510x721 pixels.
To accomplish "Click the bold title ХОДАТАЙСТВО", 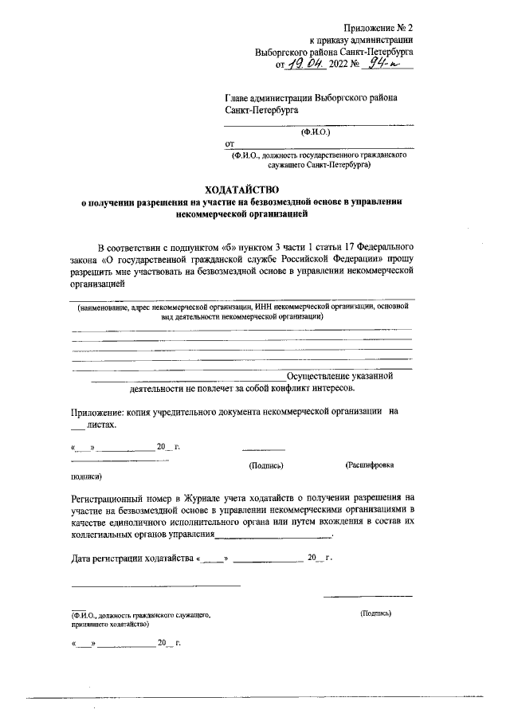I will [x=244, y=190].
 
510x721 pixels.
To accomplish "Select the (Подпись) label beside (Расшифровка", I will [x=267, y=464].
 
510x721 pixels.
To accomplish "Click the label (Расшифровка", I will [x=369, y=464].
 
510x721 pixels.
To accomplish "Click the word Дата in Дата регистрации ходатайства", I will [x=83, y=558].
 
